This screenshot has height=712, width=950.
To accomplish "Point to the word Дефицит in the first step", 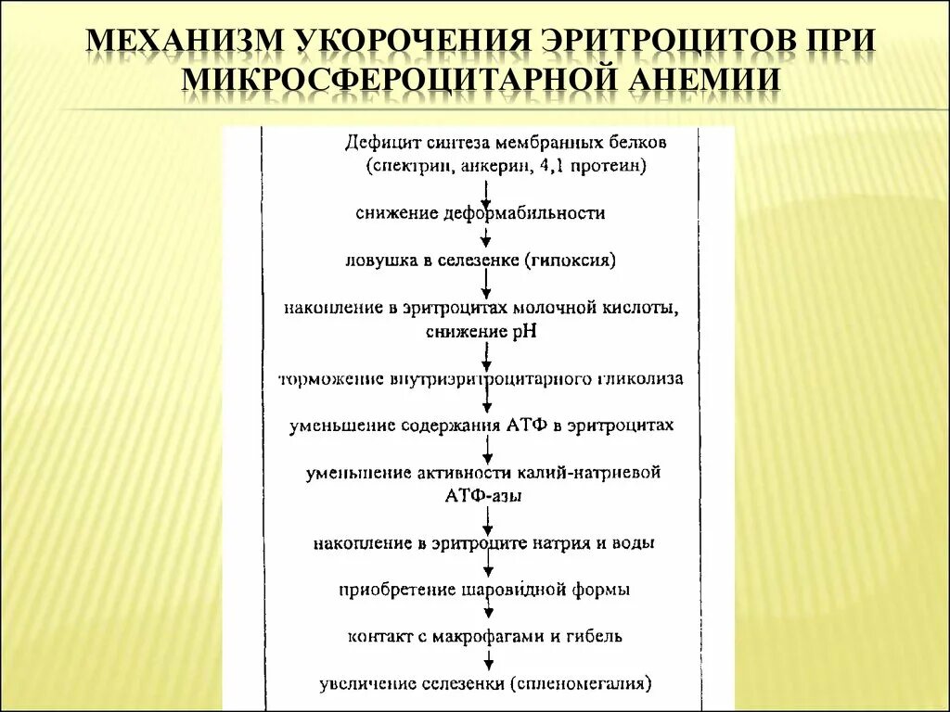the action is pos(381,144).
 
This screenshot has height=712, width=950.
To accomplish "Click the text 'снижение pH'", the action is pos(482,331).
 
